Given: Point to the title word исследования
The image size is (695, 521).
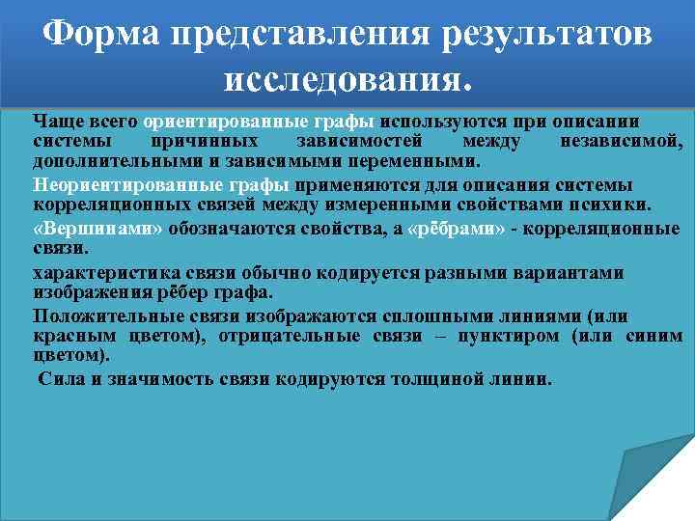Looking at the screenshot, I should pos(347,82).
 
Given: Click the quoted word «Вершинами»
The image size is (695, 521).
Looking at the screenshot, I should pos(98,229).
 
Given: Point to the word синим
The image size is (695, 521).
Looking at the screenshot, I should pos(656,336).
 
